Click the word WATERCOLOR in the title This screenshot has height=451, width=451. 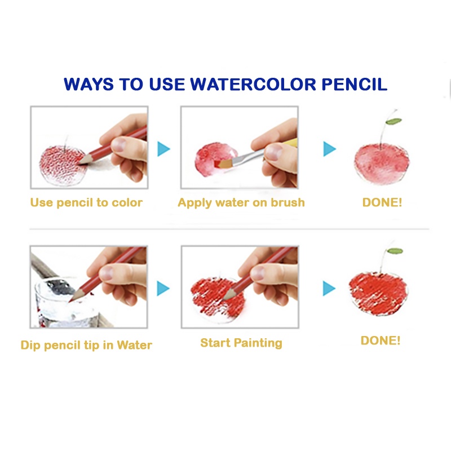253,84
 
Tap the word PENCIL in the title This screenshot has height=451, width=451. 355,84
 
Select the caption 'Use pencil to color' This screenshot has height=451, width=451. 86,203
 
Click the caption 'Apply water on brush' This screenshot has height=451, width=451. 241,203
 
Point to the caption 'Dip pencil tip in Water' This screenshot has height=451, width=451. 86,345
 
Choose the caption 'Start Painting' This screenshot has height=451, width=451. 241,343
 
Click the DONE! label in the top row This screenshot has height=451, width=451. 382,202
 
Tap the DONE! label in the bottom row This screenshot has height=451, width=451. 380,341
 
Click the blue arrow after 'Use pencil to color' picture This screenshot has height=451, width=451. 163,149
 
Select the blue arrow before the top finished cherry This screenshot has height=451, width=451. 330,149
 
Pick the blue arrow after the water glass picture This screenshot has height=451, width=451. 163,289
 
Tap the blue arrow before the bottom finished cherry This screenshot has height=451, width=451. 329,289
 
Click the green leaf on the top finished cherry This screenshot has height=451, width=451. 393,121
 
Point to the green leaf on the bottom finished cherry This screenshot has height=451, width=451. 395,251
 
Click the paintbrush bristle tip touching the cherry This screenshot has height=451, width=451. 219,164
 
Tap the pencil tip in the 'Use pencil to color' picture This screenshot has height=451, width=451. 79,163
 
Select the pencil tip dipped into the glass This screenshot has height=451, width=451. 70,301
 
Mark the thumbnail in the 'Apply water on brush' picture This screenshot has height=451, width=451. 273,152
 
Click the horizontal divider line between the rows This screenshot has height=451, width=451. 229,229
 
